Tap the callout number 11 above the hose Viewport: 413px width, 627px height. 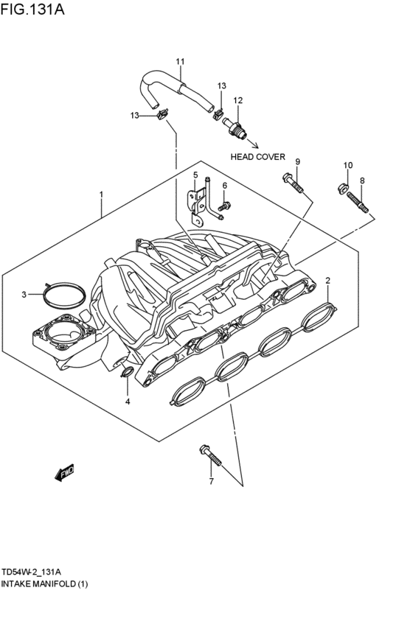click(180, 60)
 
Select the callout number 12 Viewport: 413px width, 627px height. click(237, 100)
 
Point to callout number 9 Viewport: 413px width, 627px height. click(298, 161)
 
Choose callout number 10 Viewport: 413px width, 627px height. click(348, 165)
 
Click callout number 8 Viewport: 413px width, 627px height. click(362, 180)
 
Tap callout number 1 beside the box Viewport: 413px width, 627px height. click(102, 195)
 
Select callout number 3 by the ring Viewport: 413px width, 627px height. click(24, 295)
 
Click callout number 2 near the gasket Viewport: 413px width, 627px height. click(328, 280)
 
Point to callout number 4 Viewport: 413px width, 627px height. click(127, 402)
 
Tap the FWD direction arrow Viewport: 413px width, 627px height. click(65, 472)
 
